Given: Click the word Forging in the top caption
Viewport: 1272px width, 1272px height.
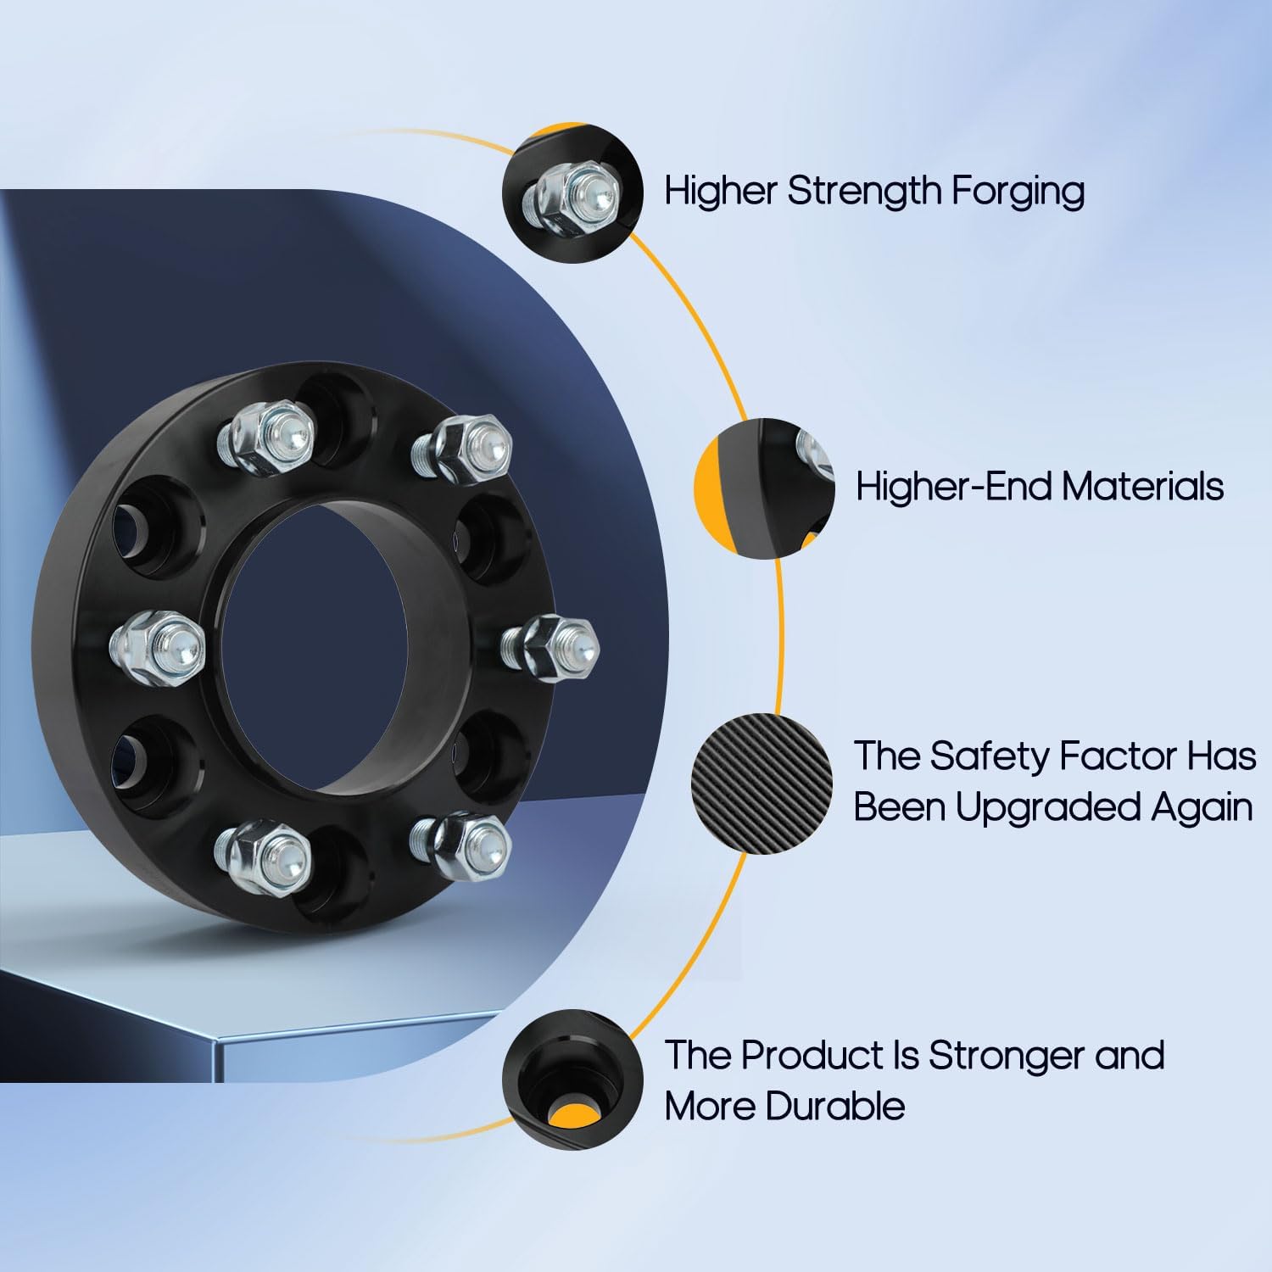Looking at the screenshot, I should click(x=1017, y=192).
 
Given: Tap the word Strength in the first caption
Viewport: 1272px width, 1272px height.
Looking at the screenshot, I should click(x=864, y=192).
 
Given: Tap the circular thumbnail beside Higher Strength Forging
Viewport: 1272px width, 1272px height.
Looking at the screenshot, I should click(x=572, y=194).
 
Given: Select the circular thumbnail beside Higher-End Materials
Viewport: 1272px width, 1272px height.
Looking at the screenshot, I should click(x=765, y=488).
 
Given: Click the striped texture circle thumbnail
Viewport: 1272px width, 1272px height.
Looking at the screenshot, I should click(x=762, y=783).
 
